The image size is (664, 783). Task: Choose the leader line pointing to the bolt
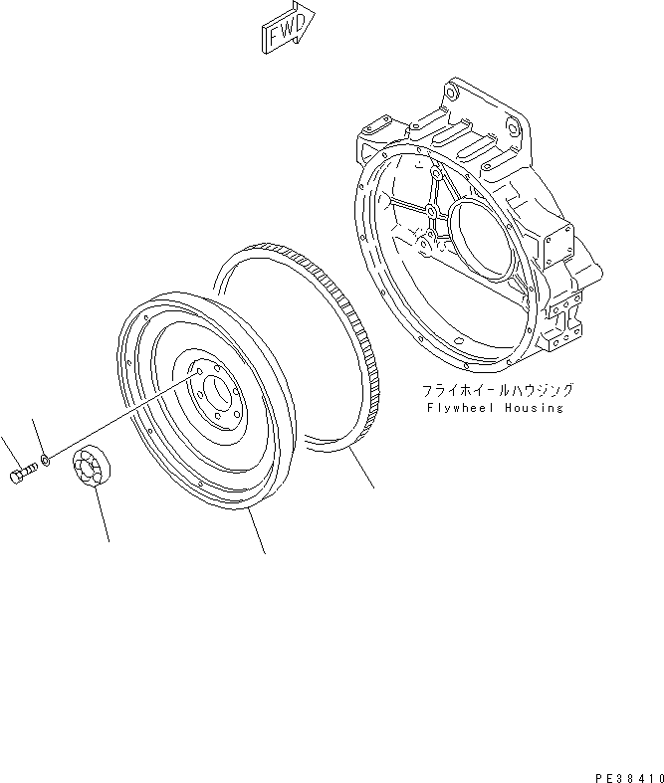[x=8, y=451]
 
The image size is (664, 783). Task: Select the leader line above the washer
[x=38, y=436]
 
